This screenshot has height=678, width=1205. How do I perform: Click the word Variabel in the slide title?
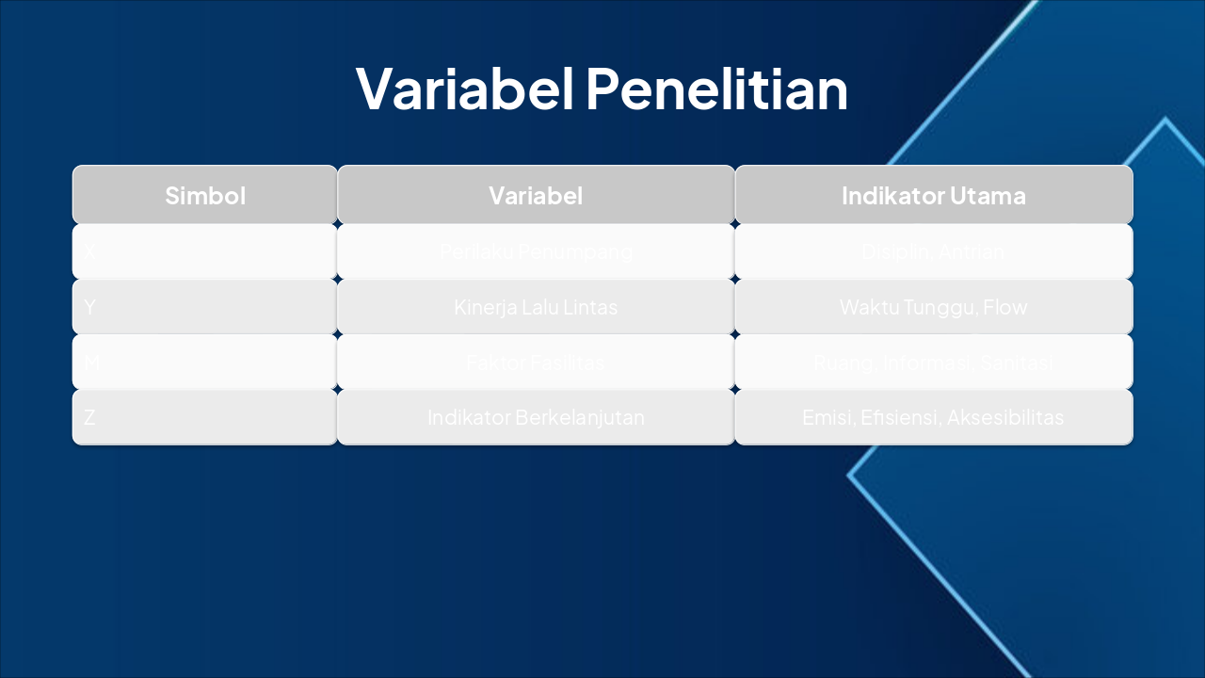pyautogui.click(x=465, y=89)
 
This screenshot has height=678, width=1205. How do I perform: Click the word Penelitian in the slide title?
pyautogui.click(x=716, y=89)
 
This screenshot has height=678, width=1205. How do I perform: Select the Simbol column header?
pyautogui.click(x=205, y=196)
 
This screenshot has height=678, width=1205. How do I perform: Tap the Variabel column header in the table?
pyautogui.click(x=536, y=196)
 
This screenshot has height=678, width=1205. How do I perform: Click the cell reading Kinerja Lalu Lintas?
pyautogui.click(x=536, y=307)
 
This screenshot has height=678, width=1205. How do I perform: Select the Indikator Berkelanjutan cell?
pyautogui.click(x=536, y=417)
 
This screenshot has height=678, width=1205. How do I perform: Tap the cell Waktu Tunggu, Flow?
pyautogui.click(x=933, y=307)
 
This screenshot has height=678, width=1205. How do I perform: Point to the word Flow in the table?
pyautogui.click(x=1005, y=307)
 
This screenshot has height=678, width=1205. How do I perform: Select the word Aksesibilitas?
pyautogui.click(x=1005, y=417)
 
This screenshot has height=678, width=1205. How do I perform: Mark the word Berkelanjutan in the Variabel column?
pyautogui.click(x=579, y=417)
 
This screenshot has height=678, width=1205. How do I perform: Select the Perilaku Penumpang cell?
pyautogui.click(x=536, y=251)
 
